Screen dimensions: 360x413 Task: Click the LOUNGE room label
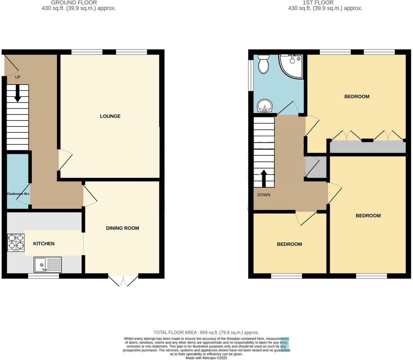(110, 116)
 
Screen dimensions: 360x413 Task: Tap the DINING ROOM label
(123, 228)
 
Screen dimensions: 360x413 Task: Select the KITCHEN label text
(44, 244)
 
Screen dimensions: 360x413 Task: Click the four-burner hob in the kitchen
(16, 242)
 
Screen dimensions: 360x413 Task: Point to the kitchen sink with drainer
(48, 265)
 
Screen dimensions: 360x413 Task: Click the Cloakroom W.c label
(18, 194)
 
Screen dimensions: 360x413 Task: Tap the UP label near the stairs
(18, 77)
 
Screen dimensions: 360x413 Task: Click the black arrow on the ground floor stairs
(17, 94)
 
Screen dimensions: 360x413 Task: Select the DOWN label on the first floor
(264, 195)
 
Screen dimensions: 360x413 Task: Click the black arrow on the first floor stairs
(264, 178)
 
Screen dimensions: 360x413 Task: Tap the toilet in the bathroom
(263, 64)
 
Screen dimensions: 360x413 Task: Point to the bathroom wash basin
(265, 106)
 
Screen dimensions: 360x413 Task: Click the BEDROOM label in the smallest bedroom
(289, 244)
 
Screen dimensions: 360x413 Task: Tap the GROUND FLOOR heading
(74, 3)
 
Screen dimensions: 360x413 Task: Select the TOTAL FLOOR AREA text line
(206, 332)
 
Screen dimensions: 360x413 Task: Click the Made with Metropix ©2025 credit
(206, 358)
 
